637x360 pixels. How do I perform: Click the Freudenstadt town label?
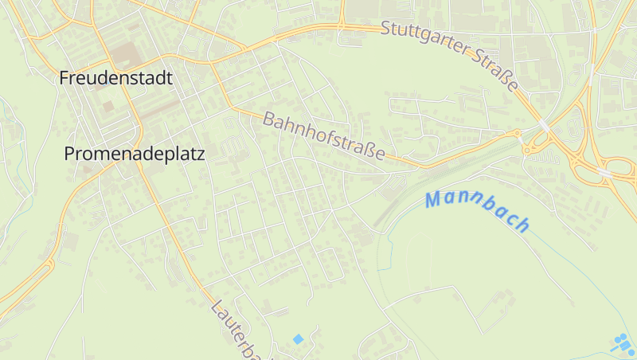(x=116, y=78)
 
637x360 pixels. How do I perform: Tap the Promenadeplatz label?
(x=134, y=154)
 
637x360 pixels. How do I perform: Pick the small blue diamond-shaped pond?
(x=299, y=339)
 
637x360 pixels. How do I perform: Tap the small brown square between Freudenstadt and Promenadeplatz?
(x=107, y=105)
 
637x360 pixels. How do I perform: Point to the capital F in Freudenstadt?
(x=64, y=78)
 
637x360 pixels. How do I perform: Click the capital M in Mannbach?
(x=435, y=199)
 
